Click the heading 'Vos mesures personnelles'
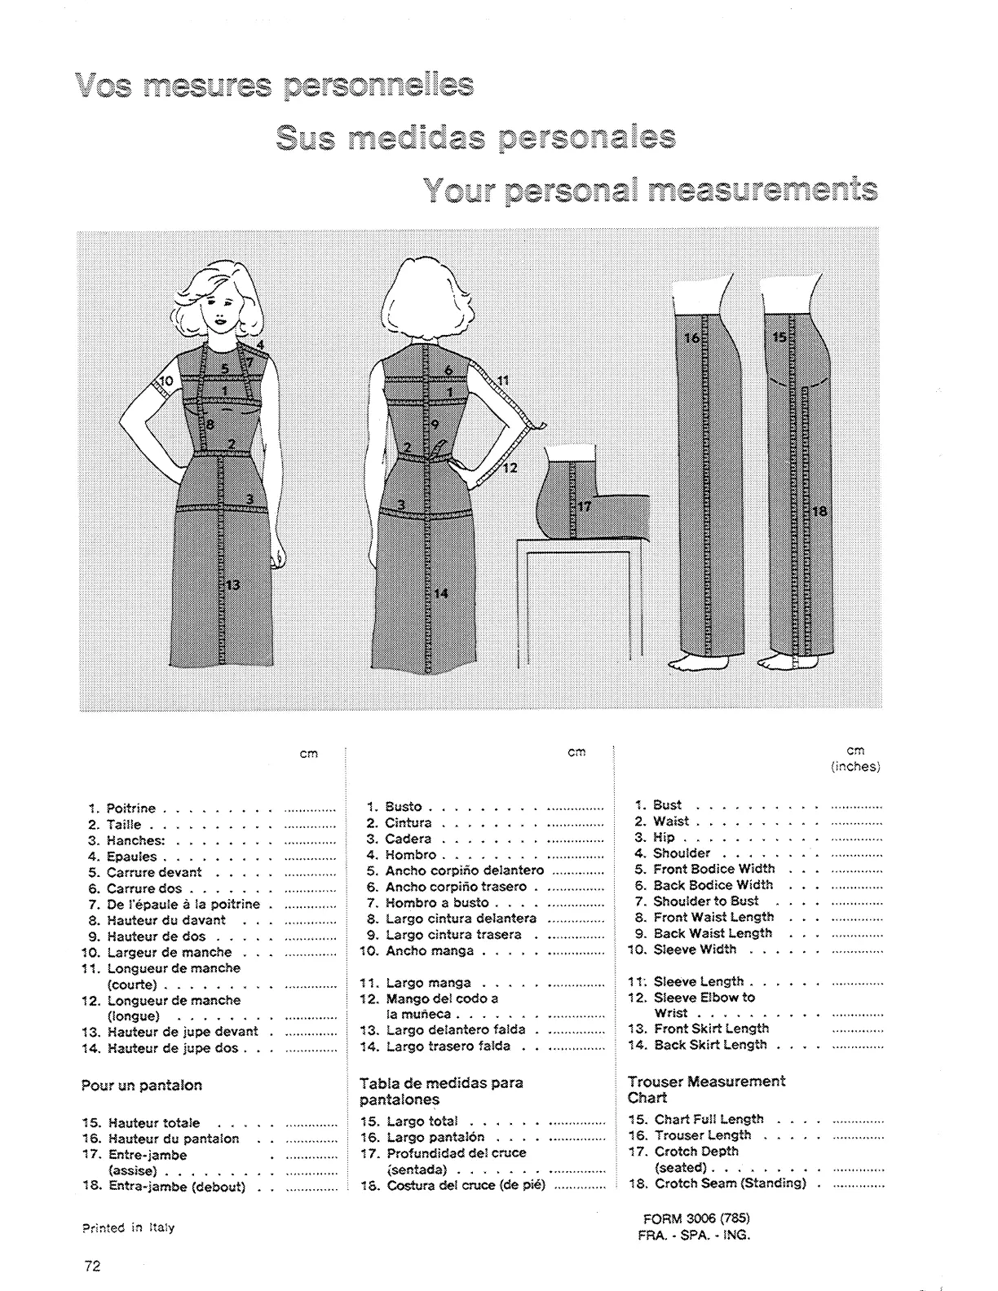[274, 86]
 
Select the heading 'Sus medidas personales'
[475, 139]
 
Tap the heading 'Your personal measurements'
[651, 191]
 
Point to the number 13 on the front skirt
[233, 584]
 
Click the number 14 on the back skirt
[441, 593]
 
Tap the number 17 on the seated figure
[584, 506]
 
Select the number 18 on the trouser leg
[819, 512]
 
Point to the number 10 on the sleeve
[166, 381]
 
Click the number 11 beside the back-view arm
[503, 380]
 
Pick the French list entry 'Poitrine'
[131, 809]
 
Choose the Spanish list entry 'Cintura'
[408, 823]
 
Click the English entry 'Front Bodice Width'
[713, 869]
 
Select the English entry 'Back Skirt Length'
[709, 1045]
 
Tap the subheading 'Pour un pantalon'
[141, 1086]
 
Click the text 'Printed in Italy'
[127, 1228]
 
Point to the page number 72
[91, 1266]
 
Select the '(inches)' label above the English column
[855, 767]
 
